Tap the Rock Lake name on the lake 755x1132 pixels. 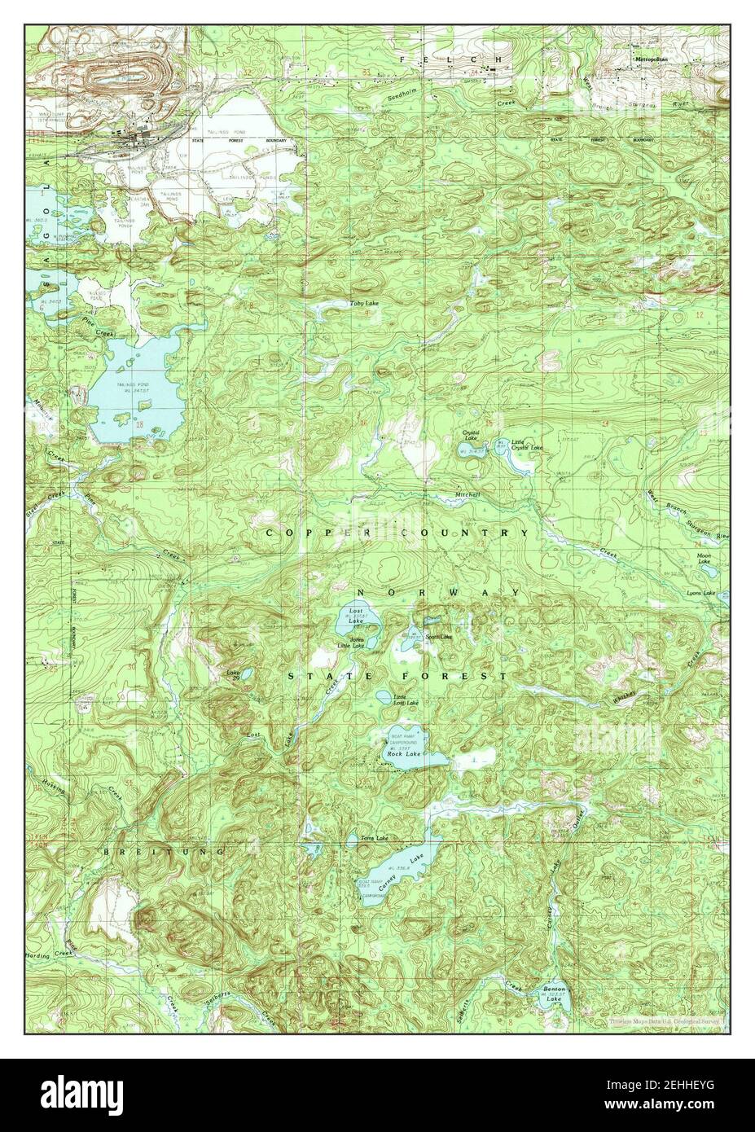pos(404,755)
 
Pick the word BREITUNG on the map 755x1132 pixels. pos(164,851)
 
